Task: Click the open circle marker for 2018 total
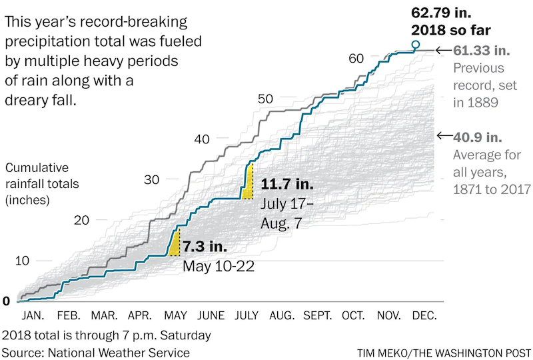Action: (416, 45)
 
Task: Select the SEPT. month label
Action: (319, 315)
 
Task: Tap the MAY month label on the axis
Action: (175, 315)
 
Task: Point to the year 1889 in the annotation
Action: (484, 103)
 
